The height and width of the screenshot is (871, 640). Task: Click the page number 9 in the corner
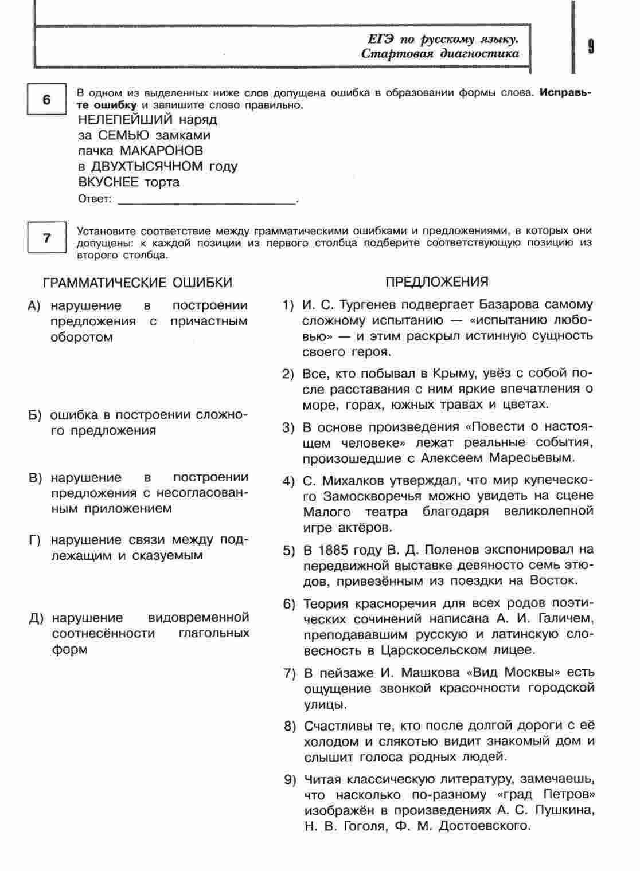point(591,46)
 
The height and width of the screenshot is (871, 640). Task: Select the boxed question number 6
point(47,100)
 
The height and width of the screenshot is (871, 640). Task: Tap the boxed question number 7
point(47,238)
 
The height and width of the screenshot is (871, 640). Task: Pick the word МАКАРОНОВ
point(161,151)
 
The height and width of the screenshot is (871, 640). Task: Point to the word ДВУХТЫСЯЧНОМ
point(147,166)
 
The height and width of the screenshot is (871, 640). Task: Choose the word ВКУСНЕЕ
point(108,182)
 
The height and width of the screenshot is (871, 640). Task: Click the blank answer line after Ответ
point(206,200)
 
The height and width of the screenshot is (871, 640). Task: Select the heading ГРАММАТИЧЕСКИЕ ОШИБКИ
point(138,283)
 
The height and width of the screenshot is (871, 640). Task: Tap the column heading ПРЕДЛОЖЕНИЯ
point(437,282)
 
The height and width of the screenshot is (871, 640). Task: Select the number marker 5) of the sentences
point(288,551)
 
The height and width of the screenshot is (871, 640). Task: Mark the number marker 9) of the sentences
point(290,780)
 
